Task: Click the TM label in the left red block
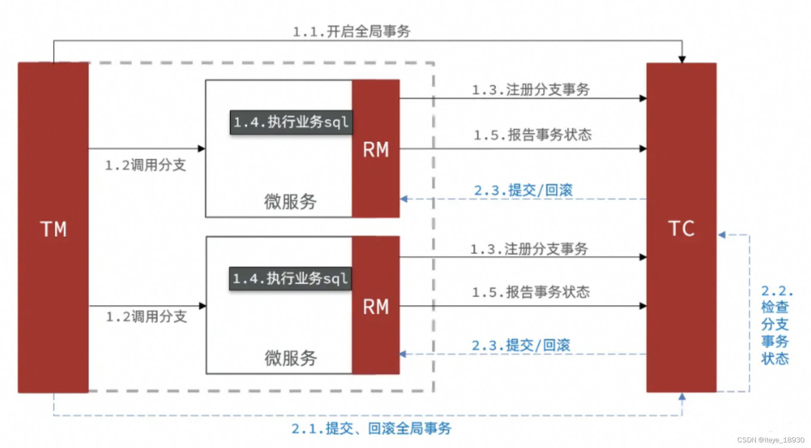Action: tap(53, 229)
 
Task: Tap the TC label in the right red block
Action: tap(681, 228)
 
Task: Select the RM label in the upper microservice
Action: tap(376, 149)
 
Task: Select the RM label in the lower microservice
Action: tap(376, 307)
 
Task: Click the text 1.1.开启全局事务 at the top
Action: tap(351, 31)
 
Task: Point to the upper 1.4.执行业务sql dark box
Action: tap(291, 122)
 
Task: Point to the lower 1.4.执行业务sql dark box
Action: tap(290, 279)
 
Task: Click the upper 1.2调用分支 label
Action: tap(145, 165)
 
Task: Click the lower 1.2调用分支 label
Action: tap(146, 317)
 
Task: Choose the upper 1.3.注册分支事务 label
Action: tap(530, 90)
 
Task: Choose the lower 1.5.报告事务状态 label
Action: tap(530, 292)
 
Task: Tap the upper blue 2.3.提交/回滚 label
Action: tap(523, 190)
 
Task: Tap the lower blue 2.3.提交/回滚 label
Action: tap(521, 345)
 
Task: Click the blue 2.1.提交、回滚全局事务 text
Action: tap(371, 428)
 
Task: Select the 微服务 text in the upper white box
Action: tap(291, 201)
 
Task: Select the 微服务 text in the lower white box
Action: tap(291, 358)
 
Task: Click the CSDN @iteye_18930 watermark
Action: tap(771, 440)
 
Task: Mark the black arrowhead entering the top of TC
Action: tap(682, 59)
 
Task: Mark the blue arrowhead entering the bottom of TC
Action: tap(682, 397)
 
